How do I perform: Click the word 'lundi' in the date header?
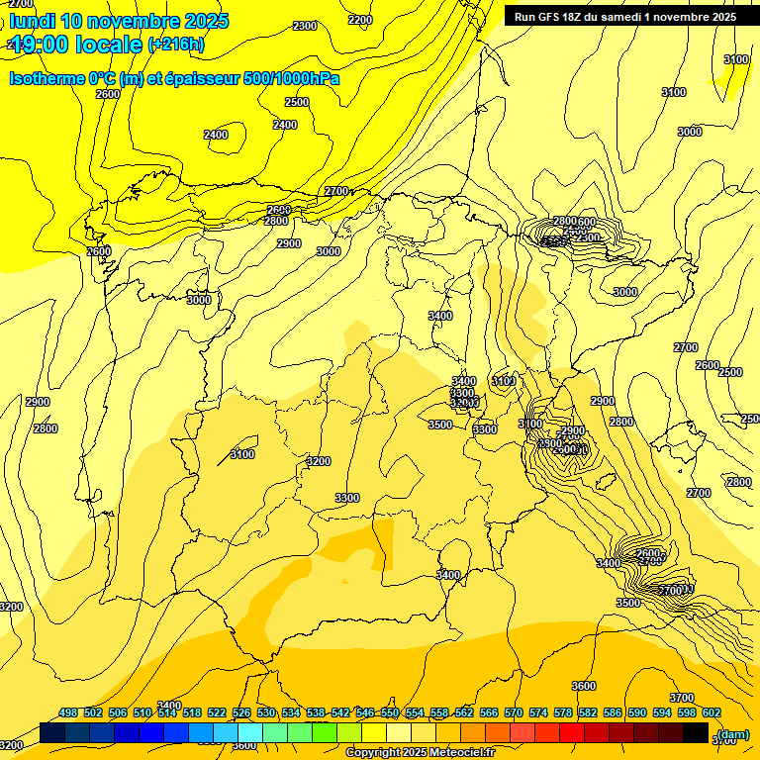tap(33, 21)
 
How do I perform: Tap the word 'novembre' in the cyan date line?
tap(140, 21)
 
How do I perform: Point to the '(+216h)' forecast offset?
tap(175, 44)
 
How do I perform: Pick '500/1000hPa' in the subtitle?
tap(292, 78)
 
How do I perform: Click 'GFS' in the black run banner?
tap(553, 17)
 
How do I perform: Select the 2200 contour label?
tap(360, 20)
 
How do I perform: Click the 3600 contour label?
tap(584, 686)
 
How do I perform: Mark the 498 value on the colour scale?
tap(68, 712)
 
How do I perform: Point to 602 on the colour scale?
tap(712, 712)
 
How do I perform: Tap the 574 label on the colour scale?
tap(538, 712)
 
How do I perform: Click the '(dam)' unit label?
tap(733, 733)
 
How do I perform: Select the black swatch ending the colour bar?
tap(696, 733)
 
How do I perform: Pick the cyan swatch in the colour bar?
tap(250, 733)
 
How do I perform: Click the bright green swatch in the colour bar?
tap(325, 733)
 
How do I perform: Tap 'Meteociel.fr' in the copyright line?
tap(454, 753)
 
